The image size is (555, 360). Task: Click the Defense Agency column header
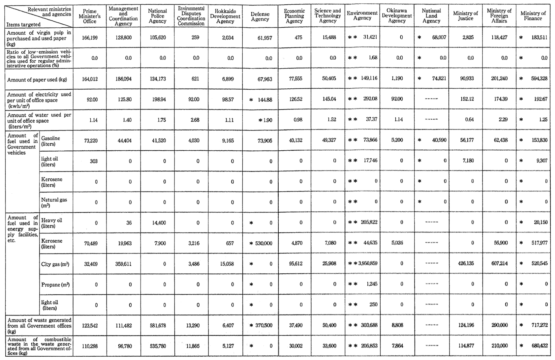(x=260, y=16)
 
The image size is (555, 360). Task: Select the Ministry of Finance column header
(x=533, y=16)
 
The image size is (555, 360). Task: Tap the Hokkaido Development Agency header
(x=225, y=16)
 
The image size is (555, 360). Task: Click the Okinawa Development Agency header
(x=397, y=16)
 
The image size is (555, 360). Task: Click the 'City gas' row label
(x=55, y=264)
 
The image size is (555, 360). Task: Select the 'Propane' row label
(x=55, y=285)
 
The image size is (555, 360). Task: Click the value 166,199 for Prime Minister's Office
(x=89, y=38)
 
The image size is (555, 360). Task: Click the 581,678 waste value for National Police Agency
(x=157, y=325)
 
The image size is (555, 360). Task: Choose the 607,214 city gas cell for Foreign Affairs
(x=499, y=264)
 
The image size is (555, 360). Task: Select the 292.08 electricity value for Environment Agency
(x=369, y=99)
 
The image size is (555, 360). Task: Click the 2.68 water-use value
(x=195, y=120)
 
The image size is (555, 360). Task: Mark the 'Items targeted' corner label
(x=23, y=24)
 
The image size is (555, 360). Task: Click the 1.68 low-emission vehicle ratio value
(x=373, y=58)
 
